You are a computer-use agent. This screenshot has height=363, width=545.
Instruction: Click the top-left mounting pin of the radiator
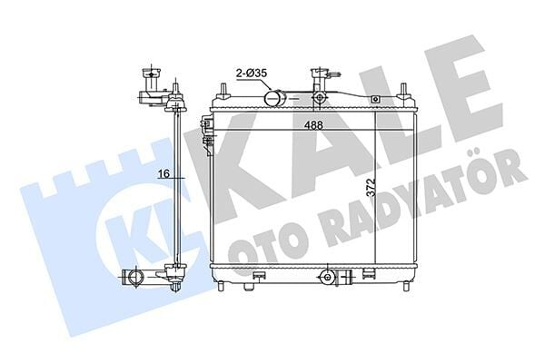pos(221,88)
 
